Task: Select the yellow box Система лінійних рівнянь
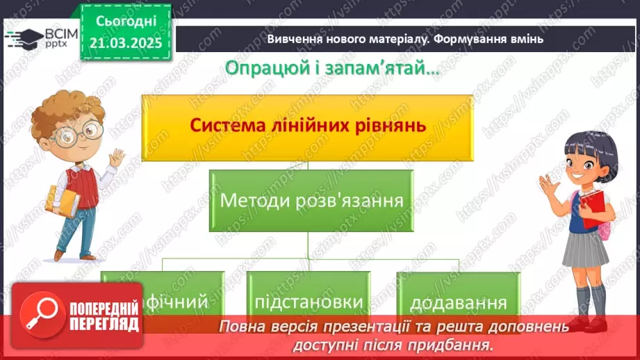tap(307, 126)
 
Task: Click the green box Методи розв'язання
tap(311, 202)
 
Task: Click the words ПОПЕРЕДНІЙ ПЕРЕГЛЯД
tap(103, 316)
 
